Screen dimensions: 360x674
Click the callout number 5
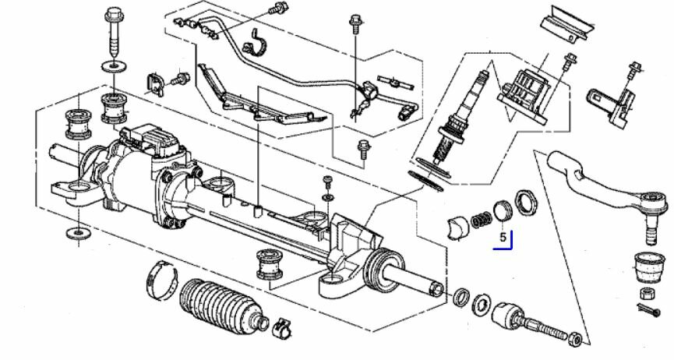coord(503,235)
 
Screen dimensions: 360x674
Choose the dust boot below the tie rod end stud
coord(647,266)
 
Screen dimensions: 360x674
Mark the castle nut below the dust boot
coord(647,293)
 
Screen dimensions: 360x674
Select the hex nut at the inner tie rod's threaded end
coord(575,337)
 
